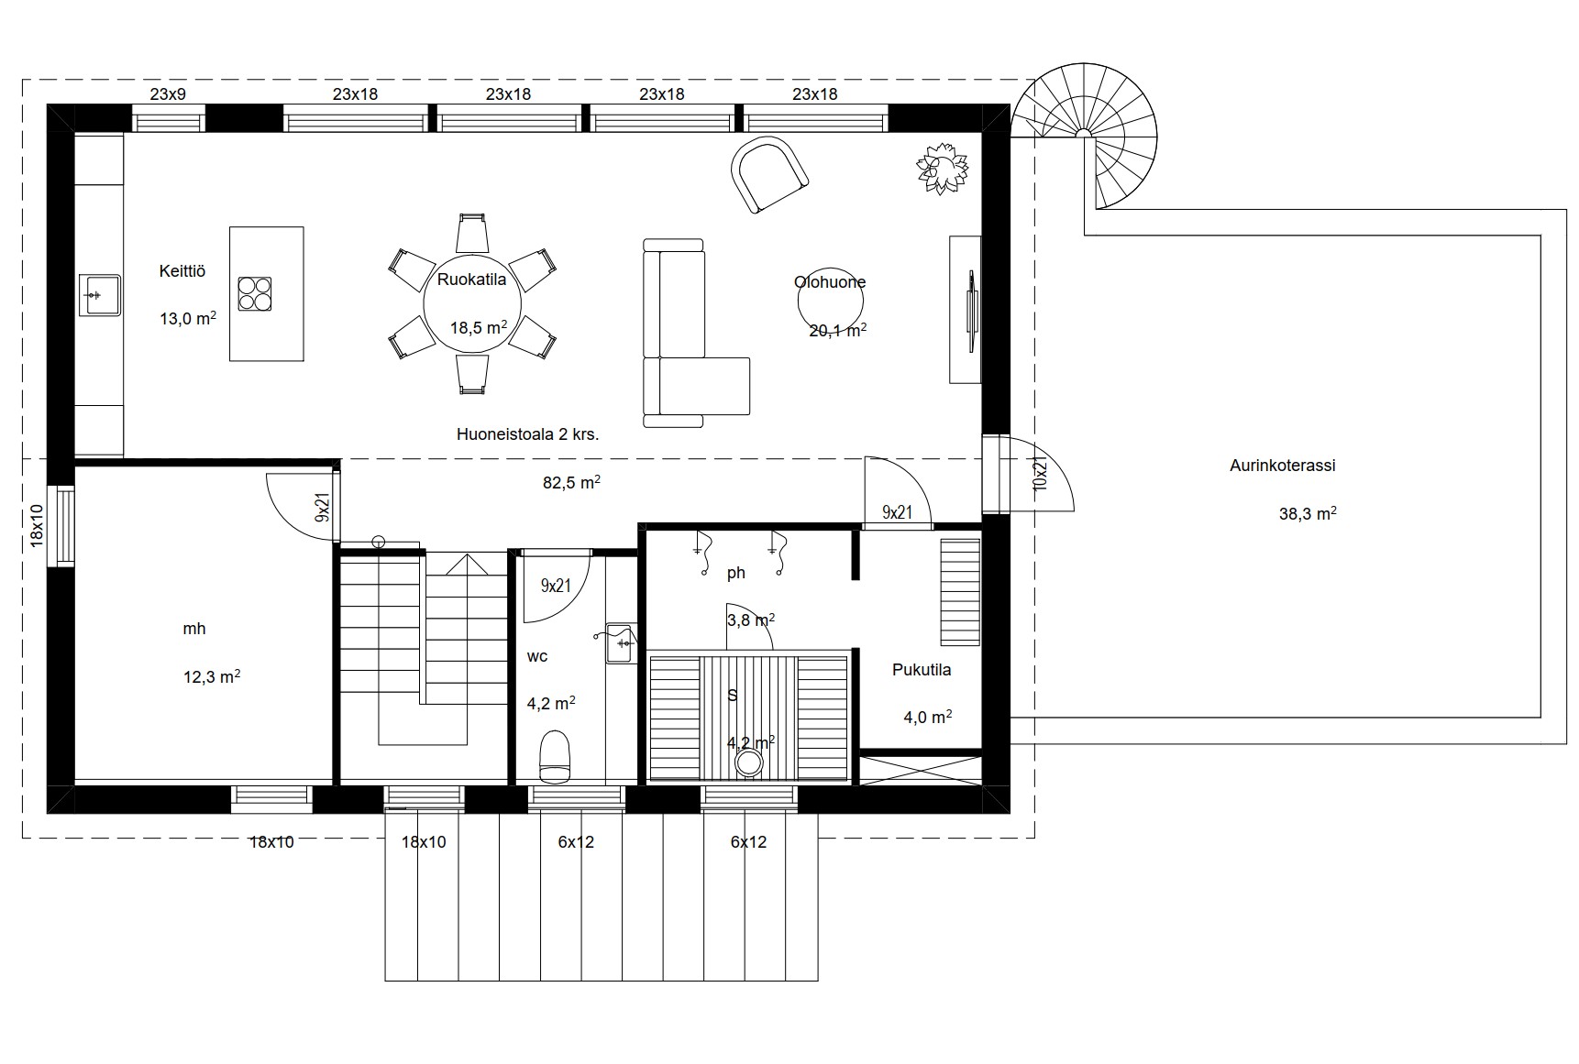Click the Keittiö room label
[x=182, y=271]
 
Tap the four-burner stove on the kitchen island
[x=255, y=294]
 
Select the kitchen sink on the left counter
[x=100, y=295]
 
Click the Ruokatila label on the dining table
[x=471, y=280]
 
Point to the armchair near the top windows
[x=768, y=174]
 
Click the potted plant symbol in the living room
[x=943, y=169]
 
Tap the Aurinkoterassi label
[x=1282, y=466]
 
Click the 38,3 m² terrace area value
[x=1308, y=514]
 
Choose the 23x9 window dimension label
[x=168, y=93]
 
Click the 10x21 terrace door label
[x=1040, y=471]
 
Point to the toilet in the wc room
[x=555, y=756]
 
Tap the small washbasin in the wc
[x=622, y=642]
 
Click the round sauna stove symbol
[x=750, y=762]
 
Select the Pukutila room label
[x=922, y=670]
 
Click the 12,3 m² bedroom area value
[x=212, y=677]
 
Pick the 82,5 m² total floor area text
[x=571, y=482]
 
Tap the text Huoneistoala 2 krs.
[x=528, y=434]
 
